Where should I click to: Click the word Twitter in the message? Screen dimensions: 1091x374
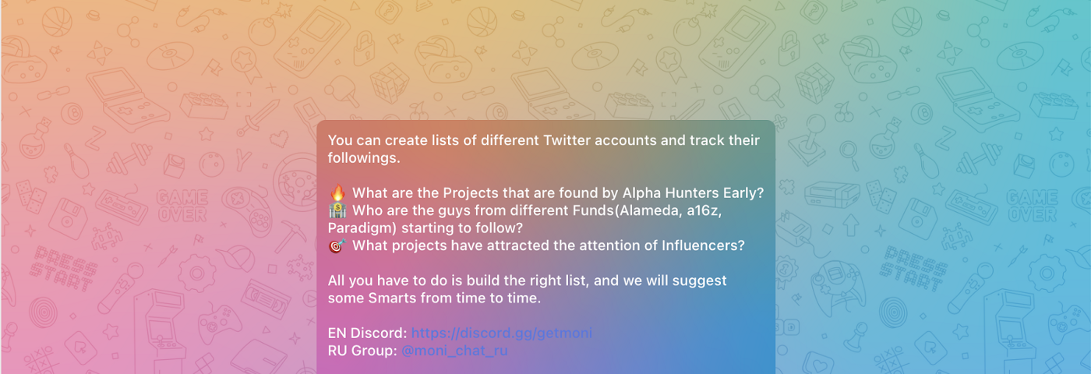(x=567, y=140)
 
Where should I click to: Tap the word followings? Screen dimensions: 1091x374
(x=364, y=158)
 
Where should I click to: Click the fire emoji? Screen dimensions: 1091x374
(x=337, y=192)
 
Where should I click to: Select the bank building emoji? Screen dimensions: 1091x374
(x=337, y=210)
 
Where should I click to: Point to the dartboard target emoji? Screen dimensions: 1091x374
(x=337, y=245)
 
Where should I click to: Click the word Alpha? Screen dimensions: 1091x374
(x=641, y=193)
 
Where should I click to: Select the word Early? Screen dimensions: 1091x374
(x=743, y=194)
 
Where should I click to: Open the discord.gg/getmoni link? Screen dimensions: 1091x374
(x=502, y=333)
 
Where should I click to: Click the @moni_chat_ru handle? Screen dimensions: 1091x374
(x=454, y=351)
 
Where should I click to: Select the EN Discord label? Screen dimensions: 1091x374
(x=367, y=333)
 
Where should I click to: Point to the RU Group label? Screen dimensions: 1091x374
(x=362, y=351)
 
